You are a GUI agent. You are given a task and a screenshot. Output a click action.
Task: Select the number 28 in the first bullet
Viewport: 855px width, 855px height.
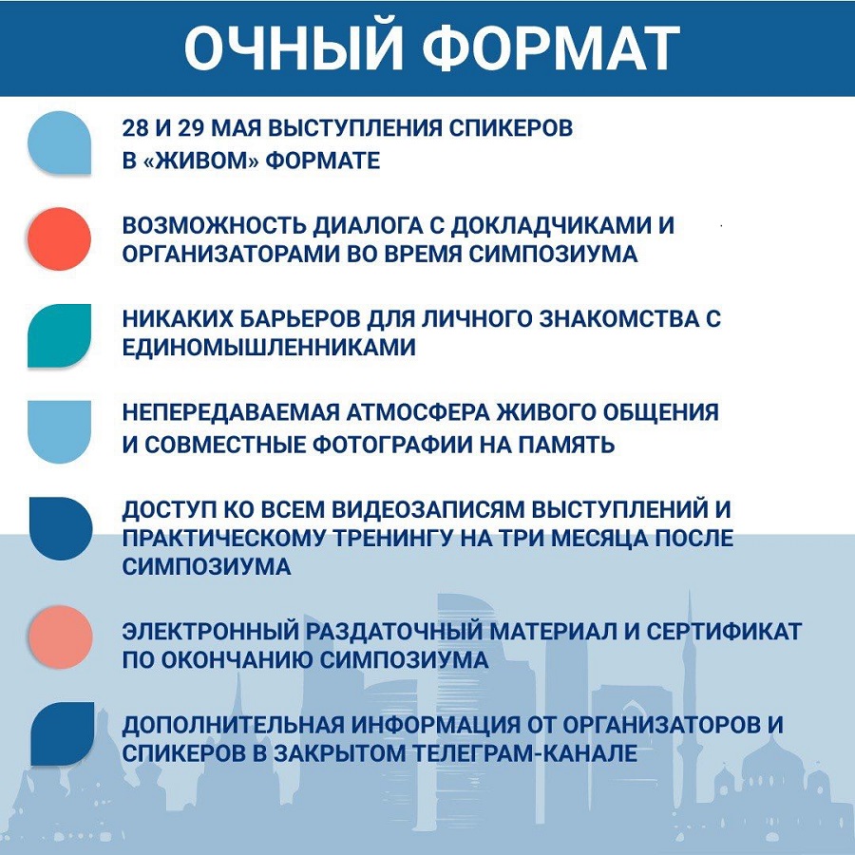[x=135, y=128]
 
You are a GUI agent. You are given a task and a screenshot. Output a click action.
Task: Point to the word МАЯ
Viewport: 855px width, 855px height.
[x=236, y=128]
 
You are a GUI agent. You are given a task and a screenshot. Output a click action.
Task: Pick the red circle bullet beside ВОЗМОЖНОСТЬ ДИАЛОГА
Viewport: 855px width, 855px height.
[x=59, y=238]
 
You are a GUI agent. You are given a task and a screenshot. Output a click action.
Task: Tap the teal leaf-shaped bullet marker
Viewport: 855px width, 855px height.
[x=60, y=335]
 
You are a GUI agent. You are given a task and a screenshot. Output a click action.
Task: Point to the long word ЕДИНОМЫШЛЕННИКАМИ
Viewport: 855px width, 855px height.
[x=269, y=348]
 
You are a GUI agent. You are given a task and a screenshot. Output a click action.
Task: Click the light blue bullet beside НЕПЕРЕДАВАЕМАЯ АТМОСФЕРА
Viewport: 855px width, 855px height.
[x=60, y=432]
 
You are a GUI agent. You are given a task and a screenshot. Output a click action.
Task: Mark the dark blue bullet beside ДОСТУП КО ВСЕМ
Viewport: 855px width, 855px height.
[x=61, y=528]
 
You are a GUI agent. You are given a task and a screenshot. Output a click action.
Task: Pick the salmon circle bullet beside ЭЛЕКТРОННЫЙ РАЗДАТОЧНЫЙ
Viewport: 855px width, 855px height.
[x=60, y=636]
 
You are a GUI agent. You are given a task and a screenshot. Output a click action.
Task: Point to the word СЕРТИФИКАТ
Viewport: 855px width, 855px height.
[x=724, y=632]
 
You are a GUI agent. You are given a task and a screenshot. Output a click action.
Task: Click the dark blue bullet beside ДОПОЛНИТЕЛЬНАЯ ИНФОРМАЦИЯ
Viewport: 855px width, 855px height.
[x=62, y=734]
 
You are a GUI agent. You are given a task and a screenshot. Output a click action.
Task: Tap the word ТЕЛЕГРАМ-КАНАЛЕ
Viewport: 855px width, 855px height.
[x=524, y=753]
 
